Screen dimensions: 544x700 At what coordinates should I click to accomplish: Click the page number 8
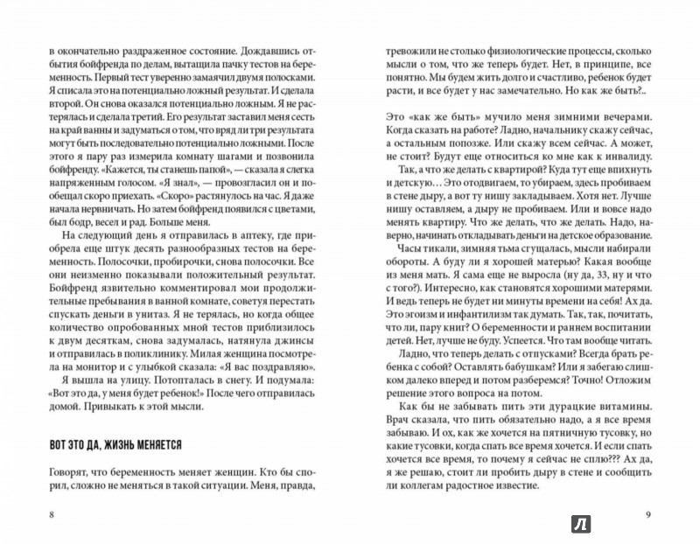[x=52, y=512]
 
